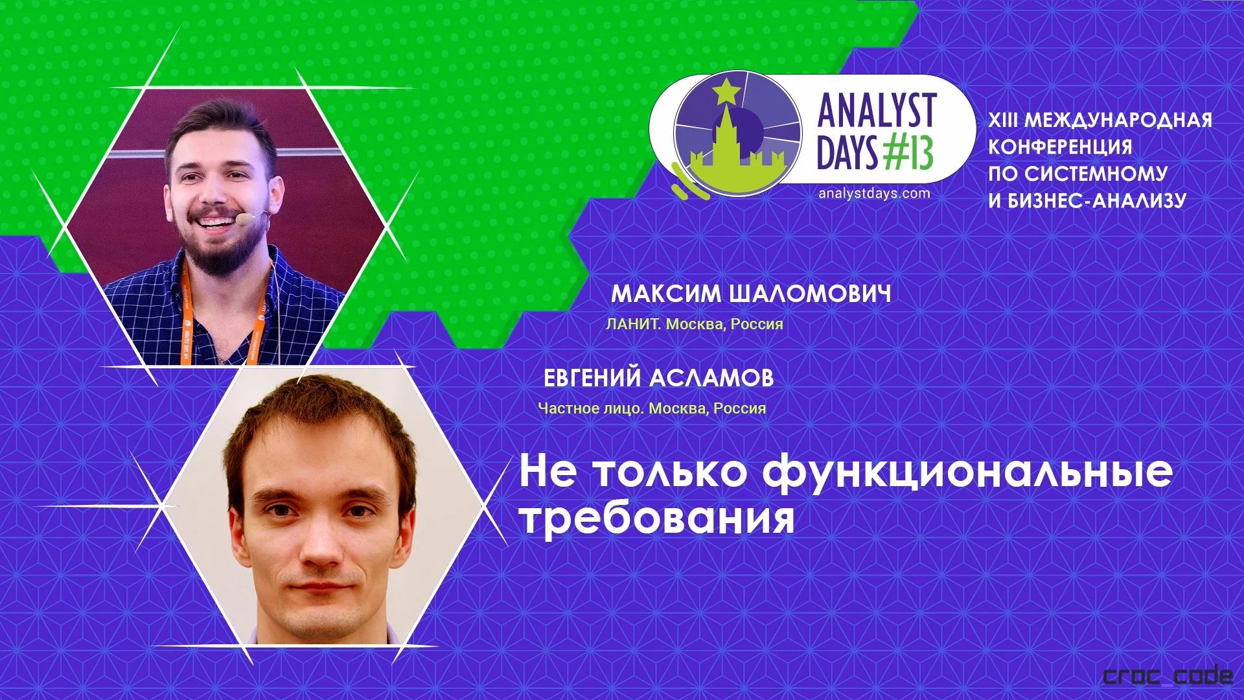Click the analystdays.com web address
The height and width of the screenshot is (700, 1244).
[x=874, y=193]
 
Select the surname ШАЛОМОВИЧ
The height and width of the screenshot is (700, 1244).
[x=810, y=294]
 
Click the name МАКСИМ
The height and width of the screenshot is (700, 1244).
[x=666, y=294]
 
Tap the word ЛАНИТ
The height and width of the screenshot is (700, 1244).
[x=632, y=324]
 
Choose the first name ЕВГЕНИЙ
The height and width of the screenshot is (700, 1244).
[x=592, y=378]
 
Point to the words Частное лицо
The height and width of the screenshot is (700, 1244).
[x=592, y=409]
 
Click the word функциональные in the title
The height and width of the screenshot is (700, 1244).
[x=967, y=472]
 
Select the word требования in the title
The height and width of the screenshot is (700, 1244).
[x=658, y=519]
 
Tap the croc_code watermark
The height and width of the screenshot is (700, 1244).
[x=1168, y=677]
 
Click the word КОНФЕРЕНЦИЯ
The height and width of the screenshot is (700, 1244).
[x=1060, y=147]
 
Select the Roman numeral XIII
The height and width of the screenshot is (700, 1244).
[x=1003, y=120]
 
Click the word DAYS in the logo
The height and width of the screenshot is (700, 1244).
[x=847, y=154]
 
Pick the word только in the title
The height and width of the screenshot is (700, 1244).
[x=671, y=472]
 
